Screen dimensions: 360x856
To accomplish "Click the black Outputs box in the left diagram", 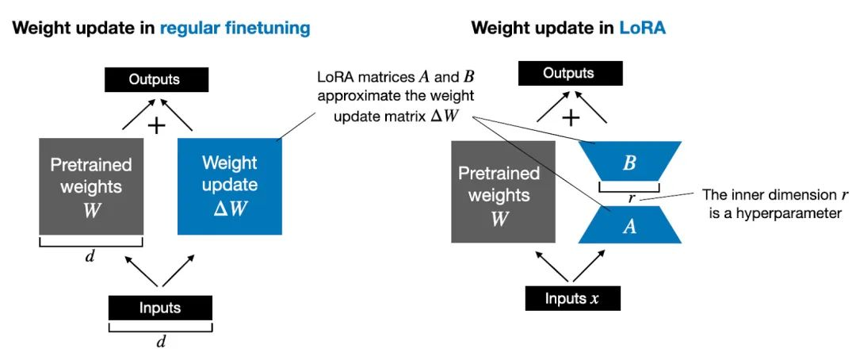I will [x=157, y=79].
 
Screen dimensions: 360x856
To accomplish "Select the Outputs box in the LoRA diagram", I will [x=568, y=74].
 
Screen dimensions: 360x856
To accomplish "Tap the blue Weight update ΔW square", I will [x=230, y=186].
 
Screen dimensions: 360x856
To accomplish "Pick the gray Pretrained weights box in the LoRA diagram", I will [x=503, y=190].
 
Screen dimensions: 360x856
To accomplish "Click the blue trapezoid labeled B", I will [x=630, y=163].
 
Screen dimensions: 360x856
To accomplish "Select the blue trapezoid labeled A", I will [x=630, y=225].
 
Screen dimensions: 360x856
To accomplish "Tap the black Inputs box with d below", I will [x=160, y=308].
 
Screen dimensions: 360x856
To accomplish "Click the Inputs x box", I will [x=572, y=298].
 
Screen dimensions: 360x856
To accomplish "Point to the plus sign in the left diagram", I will [x=157, y=125].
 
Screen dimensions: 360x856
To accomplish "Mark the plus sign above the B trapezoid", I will [x=571, y=117].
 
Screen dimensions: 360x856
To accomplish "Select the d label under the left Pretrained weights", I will [x=91, y=256].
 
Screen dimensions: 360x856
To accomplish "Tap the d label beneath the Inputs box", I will [x=160, y=342].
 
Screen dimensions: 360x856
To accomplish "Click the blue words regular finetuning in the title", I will [x=235, y=28].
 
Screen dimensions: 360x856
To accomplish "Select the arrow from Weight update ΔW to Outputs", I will [x=182, y=116].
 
